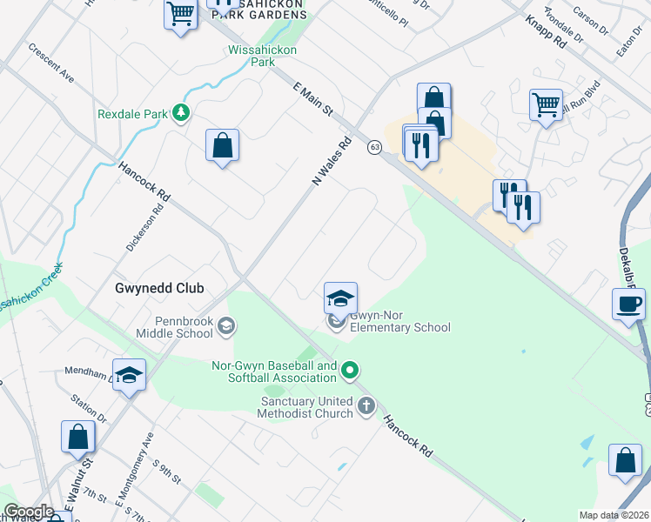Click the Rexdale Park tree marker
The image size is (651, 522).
click(181, 113)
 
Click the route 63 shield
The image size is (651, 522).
click(374, 147)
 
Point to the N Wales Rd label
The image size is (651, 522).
click(331, 160)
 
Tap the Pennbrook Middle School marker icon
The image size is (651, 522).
click(226, 325)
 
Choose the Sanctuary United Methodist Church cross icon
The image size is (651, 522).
click(366, 405)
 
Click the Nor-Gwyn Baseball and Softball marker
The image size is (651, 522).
click(350, 371)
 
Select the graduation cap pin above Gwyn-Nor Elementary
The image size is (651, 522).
click(341, 299)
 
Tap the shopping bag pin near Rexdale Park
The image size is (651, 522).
click(223, 145)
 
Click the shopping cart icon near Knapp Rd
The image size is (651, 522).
click(546, 104)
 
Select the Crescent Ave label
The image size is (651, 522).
click(51, 65)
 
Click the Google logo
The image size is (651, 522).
click(29, 512)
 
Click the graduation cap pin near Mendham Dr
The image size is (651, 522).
click(130, 375)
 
